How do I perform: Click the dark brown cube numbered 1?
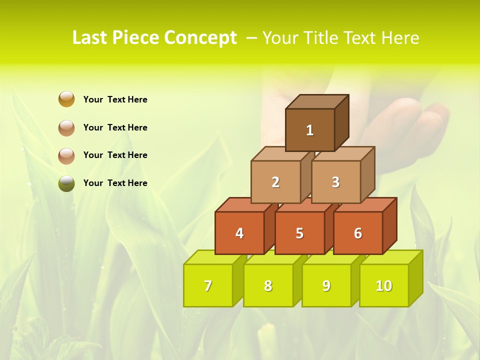pos(310,130)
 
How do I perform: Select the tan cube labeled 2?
pos(275,182)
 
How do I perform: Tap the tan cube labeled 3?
pos(335,182)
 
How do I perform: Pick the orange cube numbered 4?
pos(239,233)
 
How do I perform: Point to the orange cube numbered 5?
pos(299,233)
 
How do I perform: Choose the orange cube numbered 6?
pos(358,233)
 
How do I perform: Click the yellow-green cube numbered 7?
pos(208,285)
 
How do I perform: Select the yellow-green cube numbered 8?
pos(268,285)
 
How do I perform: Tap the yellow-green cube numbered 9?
pos(326,285)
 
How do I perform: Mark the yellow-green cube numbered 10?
pos(384,285)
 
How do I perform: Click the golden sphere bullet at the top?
pos(66,99)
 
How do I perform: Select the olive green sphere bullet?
pos(66,183)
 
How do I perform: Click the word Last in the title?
pos(90,38)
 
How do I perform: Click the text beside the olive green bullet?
pos(115,183)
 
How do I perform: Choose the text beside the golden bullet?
pos(115,99)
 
